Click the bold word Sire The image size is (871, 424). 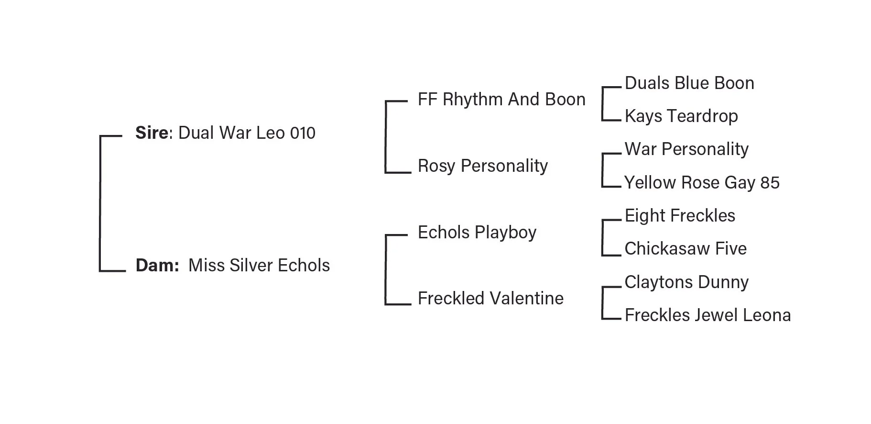pyautogui.click(x=152, y=133)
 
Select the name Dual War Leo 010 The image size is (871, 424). pyautogui.click(x=247, y=133)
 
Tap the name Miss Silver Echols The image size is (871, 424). pyautogui.click(x=259, y=266)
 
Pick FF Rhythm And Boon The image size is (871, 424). pyautogui.click(x=501, y=100)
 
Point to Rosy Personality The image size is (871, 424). pyautogui.click(x=483, y=166)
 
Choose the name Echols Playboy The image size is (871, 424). pyautogui.click(x=477, y=233)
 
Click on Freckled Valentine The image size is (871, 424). pyautogui.click(x=490, y=299)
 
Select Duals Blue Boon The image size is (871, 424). pyautogui.click(x=689, y=83)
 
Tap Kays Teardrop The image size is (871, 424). pyautogui.click(x=681, y=116)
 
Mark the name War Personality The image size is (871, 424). pyautogui.click(x=686, y=149)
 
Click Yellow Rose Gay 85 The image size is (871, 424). pyautogui.click(x=702, y=183)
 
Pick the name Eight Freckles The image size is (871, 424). pyautogui.click(x=680, y=216)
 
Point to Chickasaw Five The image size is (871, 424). pyautogui.click(x=686, y=249)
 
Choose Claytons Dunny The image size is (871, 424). pyautogui.click(x=686, y=282)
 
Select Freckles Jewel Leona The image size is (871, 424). pyautogui.click(x=708, y=315)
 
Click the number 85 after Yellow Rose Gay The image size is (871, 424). pyautogui.click(x=770, y=183)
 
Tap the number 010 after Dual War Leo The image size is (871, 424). pyautogui.click(x=303, y=133)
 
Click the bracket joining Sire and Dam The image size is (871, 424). pyautogui.click(x=100, y=203)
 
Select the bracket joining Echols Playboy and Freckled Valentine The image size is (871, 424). pyautogui.click(x=386, y=269)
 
